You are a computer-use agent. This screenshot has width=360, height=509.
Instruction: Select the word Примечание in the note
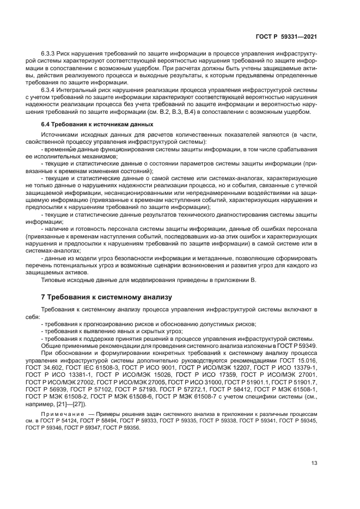click(63, 414)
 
